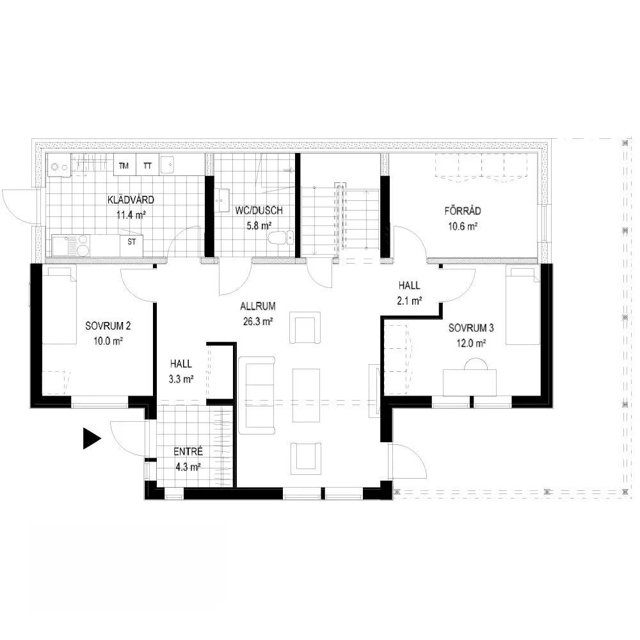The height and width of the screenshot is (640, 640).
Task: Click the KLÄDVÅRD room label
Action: click(x=131, y=200)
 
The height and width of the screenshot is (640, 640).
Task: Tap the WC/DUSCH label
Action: click(x=259, y=211)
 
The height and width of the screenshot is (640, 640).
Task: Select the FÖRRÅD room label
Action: click(x=463, y=211)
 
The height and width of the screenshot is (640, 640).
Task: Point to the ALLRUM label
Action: click(x=257, y=306)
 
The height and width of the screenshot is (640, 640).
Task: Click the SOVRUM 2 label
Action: click(x=108, y=326)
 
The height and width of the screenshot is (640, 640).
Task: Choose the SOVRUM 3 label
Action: click(x=471, y=328)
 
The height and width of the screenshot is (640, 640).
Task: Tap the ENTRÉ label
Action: click(x=188, y=451)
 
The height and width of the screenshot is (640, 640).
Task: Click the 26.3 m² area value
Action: click(x=258, y=322)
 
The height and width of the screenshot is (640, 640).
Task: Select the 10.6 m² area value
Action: click(x=463, y=227)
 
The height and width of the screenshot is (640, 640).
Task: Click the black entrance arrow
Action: click(x=91, y=438)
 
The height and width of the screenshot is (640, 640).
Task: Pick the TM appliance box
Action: click(x=125, y=165)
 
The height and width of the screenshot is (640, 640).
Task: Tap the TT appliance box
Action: click(x=147, y=165)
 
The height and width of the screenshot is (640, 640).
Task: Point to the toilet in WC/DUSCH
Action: click(x=281, y=237)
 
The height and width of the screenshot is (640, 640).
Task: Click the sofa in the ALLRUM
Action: click(x=257, y=395)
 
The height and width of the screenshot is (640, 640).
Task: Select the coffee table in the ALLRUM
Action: click(x=306, y=395)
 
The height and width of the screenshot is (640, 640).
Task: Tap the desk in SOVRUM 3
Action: click(x=470, y=383)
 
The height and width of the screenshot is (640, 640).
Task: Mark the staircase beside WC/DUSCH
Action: click(x=340, y=220)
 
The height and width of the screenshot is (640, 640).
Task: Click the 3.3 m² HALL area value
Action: click(x=181, y=379)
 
